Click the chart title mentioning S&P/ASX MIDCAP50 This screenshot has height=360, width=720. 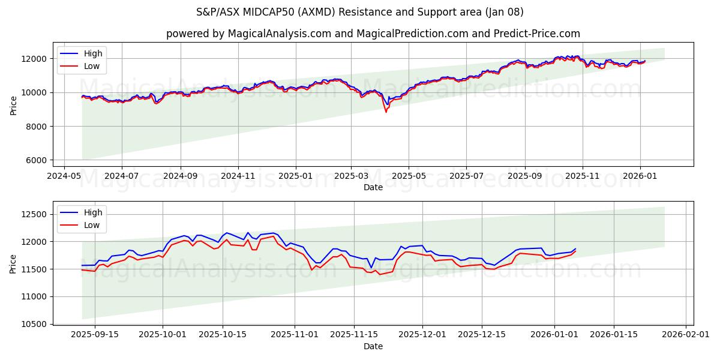(x=360, y=12)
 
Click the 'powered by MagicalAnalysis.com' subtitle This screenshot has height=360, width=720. (x=373, y=34)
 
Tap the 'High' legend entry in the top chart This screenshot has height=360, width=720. (x=93, y=53)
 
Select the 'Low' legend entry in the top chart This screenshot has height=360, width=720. (x=92, y=66)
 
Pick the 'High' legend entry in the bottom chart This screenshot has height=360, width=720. (x=93, y=212)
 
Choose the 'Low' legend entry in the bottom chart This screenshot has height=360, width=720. (x=92, y=225)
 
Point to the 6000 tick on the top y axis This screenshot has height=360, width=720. (x=37, y=160)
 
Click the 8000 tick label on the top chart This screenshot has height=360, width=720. (x=37, y=127)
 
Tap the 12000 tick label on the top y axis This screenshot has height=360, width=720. (x=35, y=59)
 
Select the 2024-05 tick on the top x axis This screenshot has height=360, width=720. (x=64, y=176)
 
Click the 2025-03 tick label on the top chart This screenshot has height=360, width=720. (x=351, y=176)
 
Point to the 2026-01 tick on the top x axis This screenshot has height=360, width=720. (x=640, y=176)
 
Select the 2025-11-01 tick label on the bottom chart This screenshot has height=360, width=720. (x=294, y=335)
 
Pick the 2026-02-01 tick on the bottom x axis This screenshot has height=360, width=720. (x=686, y=335)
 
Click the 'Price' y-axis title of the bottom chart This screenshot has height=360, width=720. (x=13, y=264)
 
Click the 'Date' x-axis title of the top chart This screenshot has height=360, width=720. (x=373, y=187)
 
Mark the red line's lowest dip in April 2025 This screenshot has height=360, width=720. (x=386, y=112)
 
